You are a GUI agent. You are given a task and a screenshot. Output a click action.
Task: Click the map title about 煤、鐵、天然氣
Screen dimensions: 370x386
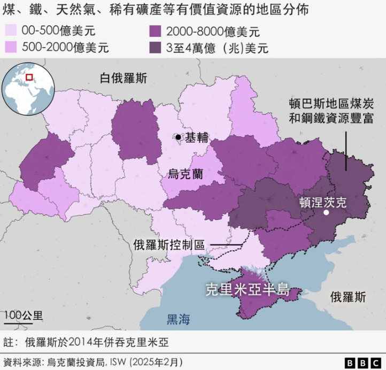156,10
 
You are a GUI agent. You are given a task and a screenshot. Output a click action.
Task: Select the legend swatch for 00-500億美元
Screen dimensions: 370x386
11,31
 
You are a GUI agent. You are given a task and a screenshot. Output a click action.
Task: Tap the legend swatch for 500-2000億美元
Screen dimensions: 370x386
11,47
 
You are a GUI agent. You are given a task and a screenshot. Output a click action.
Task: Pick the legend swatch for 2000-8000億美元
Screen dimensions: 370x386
156,31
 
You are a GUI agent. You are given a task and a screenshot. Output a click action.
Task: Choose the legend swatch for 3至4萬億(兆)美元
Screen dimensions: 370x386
156,47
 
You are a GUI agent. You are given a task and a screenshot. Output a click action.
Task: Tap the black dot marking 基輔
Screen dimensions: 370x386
179,138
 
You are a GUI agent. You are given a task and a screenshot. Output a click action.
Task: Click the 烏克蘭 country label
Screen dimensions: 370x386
186,173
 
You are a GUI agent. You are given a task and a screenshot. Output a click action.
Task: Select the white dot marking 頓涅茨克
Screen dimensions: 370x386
326,213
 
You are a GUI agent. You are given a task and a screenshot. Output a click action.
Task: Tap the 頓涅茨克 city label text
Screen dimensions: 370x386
323,202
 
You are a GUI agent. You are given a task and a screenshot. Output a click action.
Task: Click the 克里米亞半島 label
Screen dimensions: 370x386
248,291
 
